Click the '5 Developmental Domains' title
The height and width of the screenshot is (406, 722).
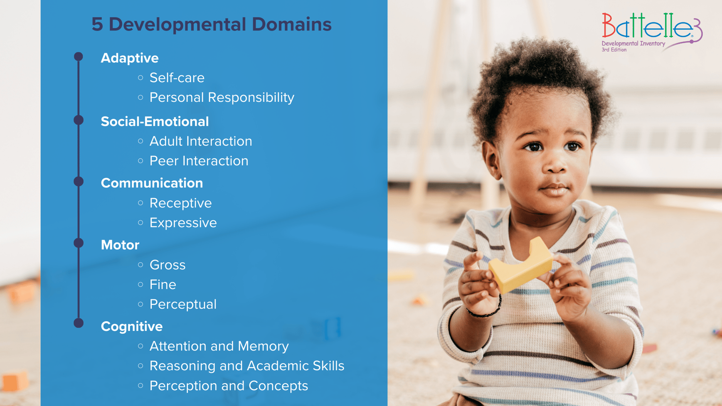pyautogui.click(x=211, y=24)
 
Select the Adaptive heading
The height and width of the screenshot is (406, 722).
pyautogui.click(x=130, y=58)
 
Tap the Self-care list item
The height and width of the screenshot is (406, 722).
pyautogui.click(x=177, y=78)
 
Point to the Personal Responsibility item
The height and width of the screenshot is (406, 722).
pyautogui.click(x=222, y=98)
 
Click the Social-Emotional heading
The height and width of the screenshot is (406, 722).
pyautogui.click(x=155, y=122)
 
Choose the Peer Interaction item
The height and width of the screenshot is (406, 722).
pyautogui.click(x=199, y=161)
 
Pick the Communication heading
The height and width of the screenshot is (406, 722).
pyautogui.click(x=151, y=183)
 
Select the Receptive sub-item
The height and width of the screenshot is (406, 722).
pyautogui.click(x=180, y=203)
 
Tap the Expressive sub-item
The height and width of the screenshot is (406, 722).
pyautogui.click(x=183, y=223)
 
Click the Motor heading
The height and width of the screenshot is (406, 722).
pyautogui.click(x=120, y=245)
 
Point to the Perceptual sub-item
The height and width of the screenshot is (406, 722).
pyautogui.click(x=183, y=305)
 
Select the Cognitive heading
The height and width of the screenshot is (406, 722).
pyautogui.click(x=131, y=327)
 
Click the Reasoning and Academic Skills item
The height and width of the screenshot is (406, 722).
pyautogui.click(x=247, y=366)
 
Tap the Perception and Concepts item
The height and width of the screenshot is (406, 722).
pyautogui.click(x=229, y=386)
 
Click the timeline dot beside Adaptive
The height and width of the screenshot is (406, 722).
pyautogui.click(x=79, y=57)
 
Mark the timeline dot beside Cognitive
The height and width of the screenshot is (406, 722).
pyautogui.click(x=79, y=323)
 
